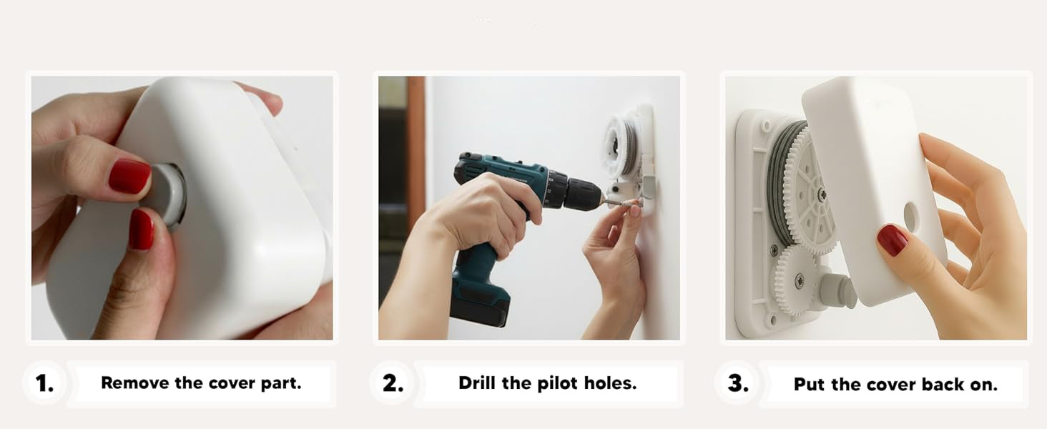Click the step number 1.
coord(45,383)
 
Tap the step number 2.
coord(393,383)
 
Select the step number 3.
coord(738,383)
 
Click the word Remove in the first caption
coord(134,383)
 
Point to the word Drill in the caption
coord(477,383)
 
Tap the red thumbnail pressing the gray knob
coord(129,176)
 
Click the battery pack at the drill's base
coord(480,303)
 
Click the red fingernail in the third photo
coord(892,240)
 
